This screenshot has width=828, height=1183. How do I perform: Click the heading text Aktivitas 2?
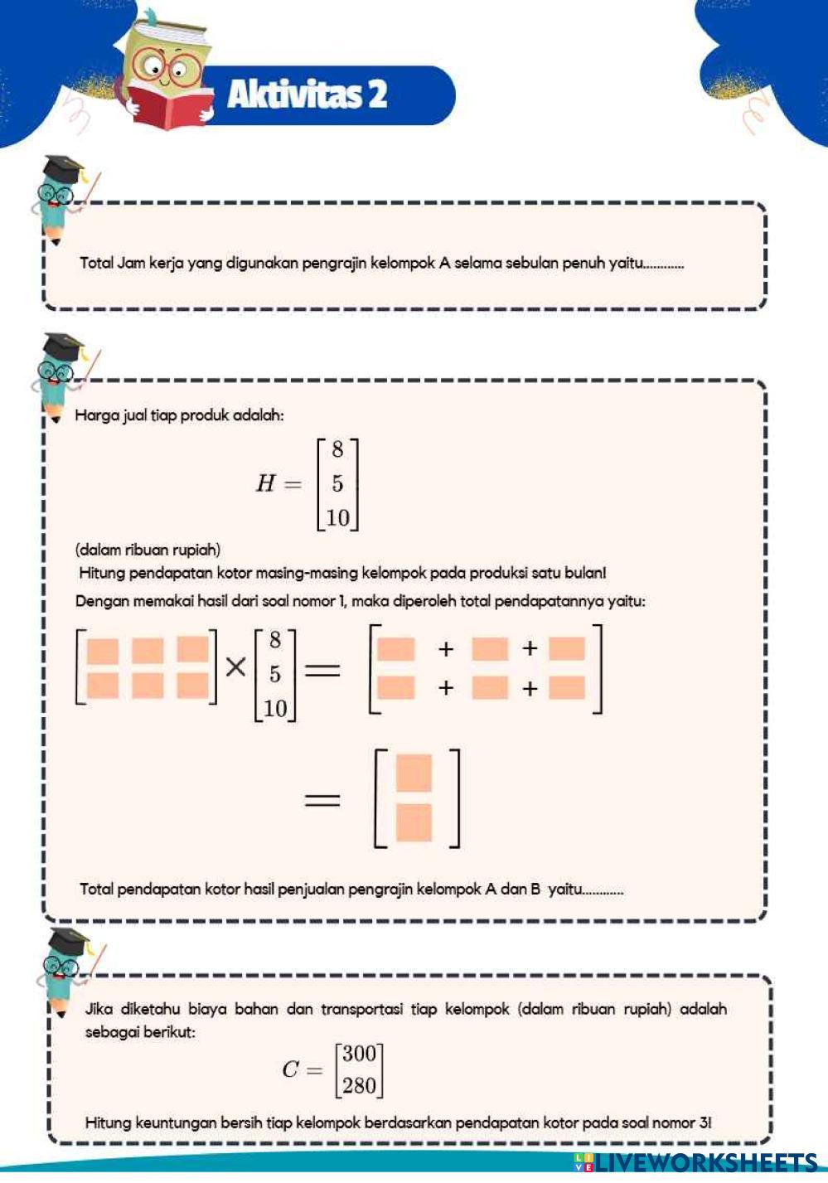(x=307, y=95)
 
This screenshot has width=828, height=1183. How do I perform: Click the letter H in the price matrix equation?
(x=265, y=483)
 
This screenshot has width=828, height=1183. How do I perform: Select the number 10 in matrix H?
(x=337, y=518)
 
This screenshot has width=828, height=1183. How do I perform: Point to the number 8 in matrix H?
(x=337, y=450)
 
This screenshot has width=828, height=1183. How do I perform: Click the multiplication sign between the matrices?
(x=236, y=667)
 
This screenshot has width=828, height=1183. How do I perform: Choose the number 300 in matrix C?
(x=359, y=1054)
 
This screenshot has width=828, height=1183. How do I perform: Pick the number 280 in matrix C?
(x=359, y=1085)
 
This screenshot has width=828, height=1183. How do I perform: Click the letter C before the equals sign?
(x=290, y=1069)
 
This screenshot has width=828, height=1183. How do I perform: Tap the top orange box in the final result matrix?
(x=414, y=773)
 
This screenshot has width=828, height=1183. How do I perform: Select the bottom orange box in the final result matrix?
(x=414, y=822)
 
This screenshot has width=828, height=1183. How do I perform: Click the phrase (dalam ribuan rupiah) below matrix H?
(x=148, y=550)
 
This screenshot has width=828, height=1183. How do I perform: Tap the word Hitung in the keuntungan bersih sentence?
(x=108, y=1123)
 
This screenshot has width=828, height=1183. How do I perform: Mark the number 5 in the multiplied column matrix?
(x=274, y=674)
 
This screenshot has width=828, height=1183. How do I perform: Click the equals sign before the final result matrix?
(x=322, y=800)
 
